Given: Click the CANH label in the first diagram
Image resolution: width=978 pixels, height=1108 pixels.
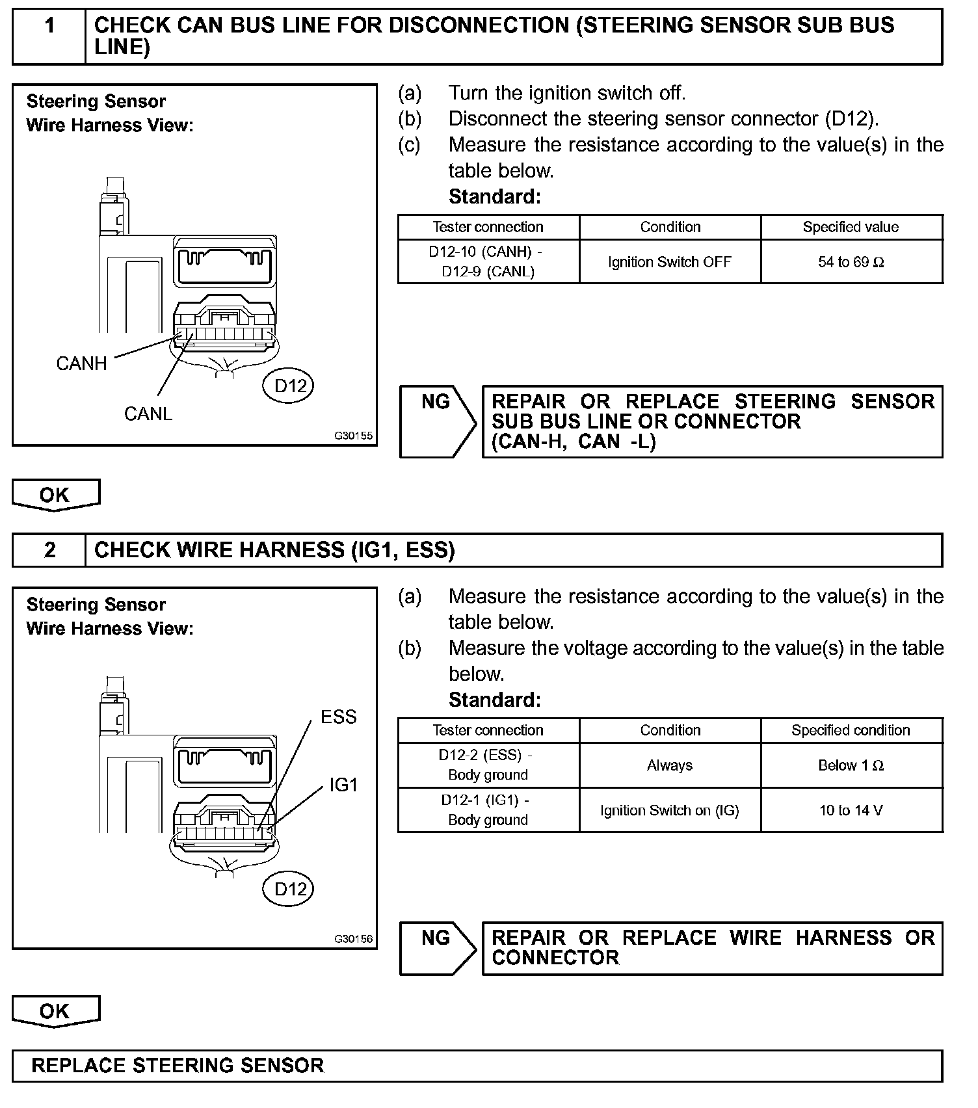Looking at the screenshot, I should click(81, 363).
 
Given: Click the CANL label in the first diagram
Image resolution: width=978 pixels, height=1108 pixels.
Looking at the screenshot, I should click(148, 414).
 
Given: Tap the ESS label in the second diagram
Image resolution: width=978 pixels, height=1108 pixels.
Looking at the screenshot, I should click(339, 717).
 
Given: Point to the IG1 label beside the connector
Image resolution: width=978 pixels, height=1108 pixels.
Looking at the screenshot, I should click(344, 785).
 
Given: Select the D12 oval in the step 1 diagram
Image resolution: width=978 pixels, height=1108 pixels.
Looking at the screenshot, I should click(289, 386).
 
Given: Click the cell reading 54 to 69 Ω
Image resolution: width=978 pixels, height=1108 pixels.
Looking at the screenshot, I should click(851, 262).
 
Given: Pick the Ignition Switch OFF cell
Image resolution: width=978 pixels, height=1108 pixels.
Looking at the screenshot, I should click(670, 262).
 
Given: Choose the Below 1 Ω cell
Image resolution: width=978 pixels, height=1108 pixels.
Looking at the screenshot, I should click(851, 765).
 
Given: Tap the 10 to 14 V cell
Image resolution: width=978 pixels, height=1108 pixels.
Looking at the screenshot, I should click(851, 810).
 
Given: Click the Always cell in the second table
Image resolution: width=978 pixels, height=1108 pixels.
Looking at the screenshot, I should click(670, 765).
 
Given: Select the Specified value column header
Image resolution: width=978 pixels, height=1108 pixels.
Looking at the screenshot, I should click(851, 227).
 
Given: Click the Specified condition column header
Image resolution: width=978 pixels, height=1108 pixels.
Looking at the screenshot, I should click(851, 730).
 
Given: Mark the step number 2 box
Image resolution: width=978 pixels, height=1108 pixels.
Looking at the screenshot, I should click(49, 550).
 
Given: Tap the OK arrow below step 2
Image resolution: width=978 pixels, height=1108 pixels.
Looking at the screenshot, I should click(55, 1012).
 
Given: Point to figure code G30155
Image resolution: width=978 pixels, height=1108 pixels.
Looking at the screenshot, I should click(354, 436).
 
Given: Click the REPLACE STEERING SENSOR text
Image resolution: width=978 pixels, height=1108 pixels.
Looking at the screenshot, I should click(178, 1066).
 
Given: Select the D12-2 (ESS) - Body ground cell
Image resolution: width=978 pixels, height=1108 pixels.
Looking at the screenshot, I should click(488, 765).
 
